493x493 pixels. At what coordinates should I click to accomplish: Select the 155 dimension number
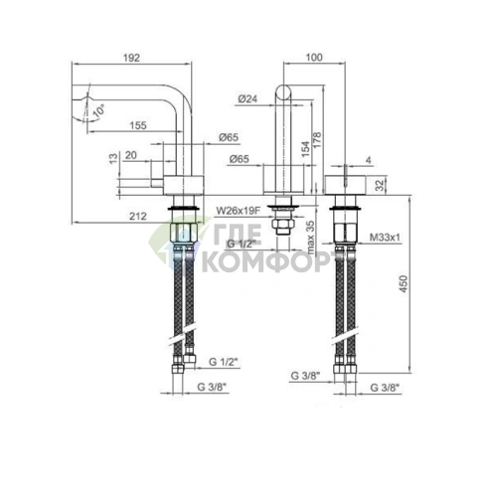pos(139,125)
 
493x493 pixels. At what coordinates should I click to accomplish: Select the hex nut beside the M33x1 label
pos(348,239)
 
